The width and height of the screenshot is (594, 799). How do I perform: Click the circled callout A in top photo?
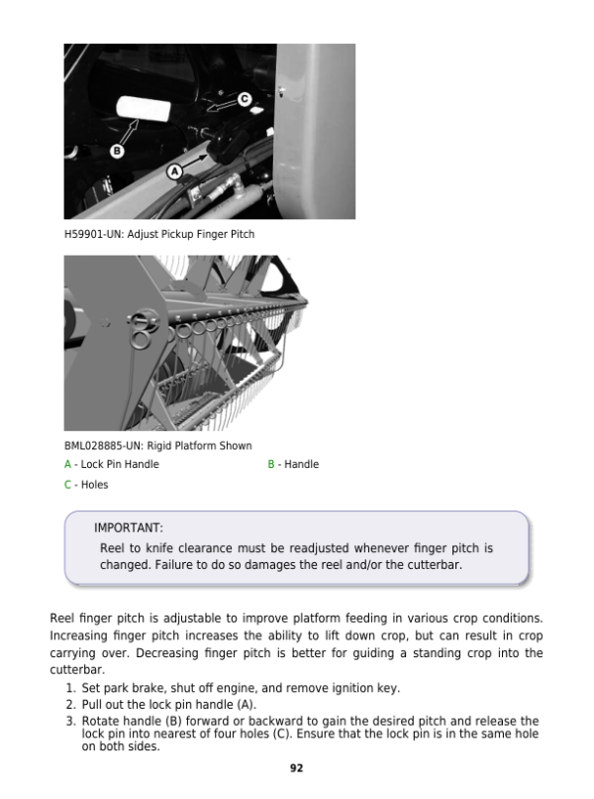click(176, 171)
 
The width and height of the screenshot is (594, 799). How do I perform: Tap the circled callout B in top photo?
click(115, 152)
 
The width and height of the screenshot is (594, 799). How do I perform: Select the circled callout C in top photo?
click(244, 98)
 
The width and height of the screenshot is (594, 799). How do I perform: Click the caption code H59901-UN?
click(92, 234)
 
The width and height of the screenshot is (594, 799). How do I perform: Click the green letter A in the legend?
click(67, 465)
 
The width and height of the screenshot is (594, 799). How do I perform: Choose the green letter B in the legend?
click(271, 465)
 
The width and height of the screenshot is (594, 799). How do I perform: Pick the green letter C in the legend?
click(67, 485)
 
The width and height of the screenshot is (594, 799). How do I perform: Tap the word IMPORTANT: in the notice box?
click(129, 528)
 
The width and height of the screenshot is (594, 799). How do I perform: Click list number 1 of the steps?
click(69, 689)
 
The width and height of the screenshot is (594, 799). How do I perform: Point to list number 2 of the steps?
click(69, 705)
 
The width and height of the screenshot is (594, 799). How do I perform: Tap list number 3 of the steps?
click(69, 721)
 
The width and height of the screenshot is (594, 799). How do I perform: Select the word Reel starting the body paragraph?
click(62, 619)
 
